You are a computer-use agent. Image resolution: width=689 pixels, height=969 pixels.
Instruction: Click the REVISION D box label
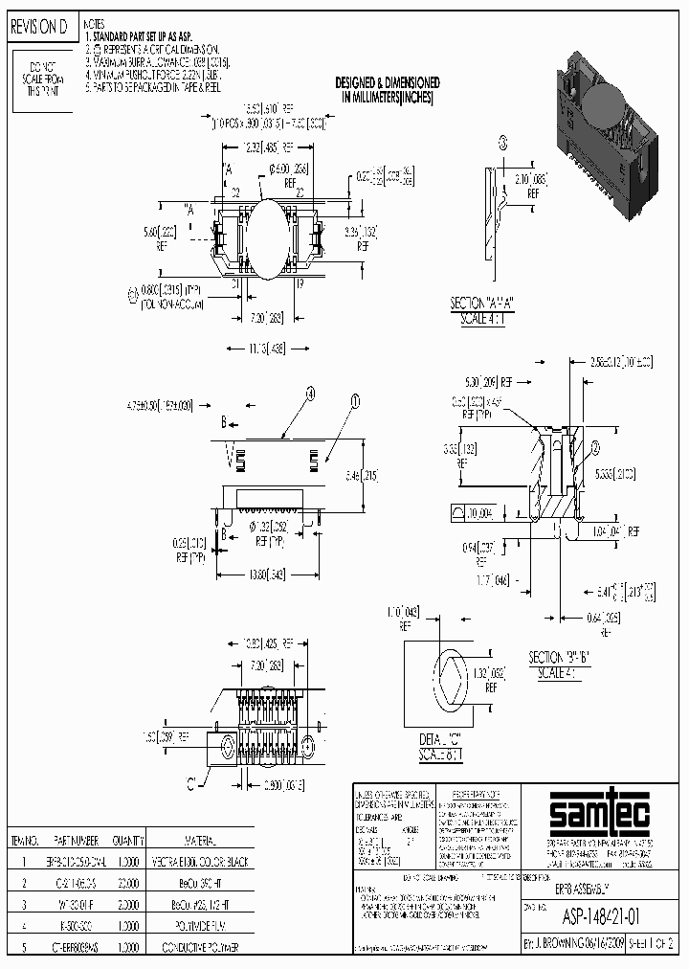coord(39,28)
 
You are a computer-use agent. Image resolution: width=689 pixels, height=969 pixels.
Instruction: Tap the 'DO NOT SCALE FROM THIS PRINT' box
coord(43,78)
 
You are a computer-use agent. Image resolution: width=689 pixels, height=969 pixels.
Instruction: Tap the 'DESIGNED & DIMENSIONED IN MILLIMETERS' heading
coord(388,90)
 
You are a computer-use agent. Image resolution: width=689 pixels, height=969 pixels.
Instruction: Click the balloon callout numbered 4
coord(310,393)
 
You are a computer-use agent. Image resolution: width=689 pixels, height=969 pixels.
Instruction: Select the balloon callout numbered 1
coord(355,403)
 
